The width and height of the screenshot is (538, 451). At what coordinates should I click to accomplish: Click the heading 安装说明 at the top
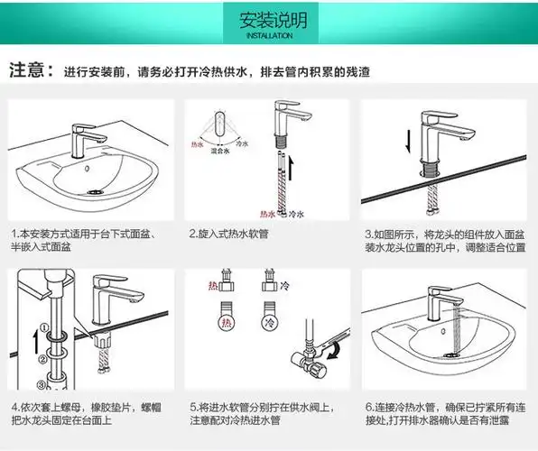tap(268, 20)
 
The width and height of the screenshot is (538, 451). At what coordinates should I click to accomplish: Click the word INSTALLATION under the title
tap(268, 37)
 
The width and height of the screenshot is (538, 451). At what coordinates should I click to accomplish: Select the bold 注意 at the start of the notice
tap(27, 71)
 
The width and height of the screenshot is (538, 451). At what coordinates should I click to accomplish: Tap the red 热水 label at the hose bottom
tap(267, 215)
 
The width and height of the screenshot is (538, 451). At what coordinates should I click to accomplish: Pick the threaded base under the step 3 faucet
tap(432, 168)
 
